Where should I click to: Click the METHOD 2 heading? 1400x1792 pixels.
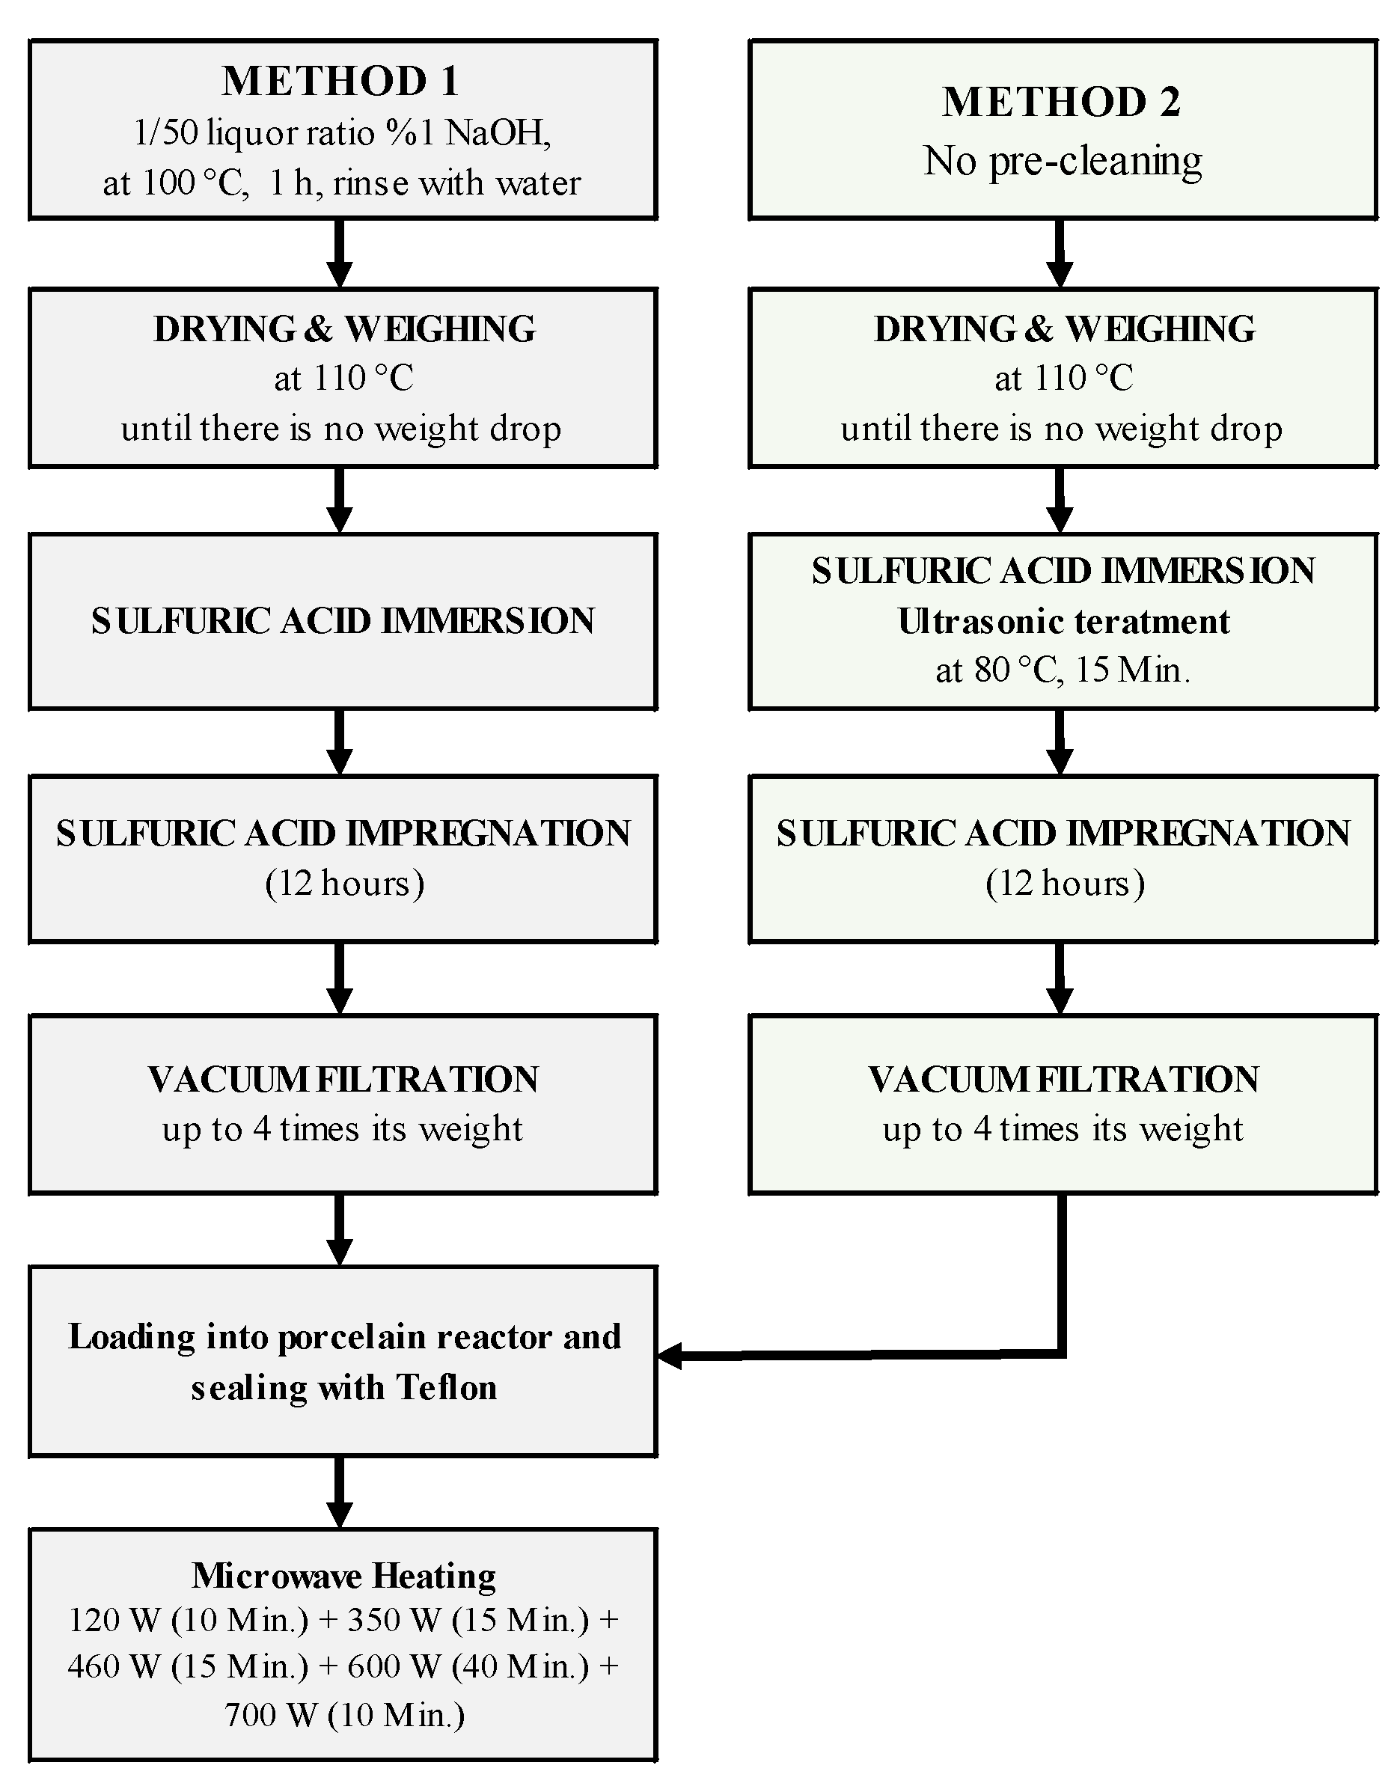coord(1061,103)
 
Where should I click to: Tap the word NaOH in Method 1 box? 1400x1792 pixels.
coord(497,133)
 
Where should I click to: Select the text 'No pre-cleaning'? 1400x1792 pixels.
coord(1063,161)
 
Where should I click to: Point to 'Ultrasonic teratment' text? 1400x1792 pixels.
coord(1063,621)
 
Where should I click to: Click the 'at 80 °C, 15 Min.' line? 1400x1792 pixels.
coord(1063,670)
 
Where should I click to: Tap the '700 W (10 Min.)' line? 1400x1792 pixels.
coord(344,1714)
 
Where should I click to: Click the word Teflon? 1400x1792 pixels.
coord(447,1387)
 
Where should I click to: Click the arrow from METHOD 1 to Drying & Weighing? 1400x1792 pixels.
coord(340,254)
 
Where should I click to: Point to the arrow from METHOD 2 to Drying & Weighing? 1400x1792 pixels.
coord(1060,254)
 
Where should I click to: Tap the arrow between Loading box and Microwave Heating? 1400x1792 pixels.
coord(340,1493)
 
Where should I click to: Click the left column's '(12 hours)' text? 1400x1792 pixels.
coord(344,884)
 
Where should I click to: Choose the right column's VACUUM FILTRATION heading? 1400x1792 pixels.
coord(1063,1080)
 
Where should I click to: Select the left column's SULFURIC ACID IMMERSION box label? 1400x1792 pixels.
coord(343,621)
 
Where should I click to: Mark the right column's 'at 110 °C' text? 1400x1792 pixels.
coord(1063,379)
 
